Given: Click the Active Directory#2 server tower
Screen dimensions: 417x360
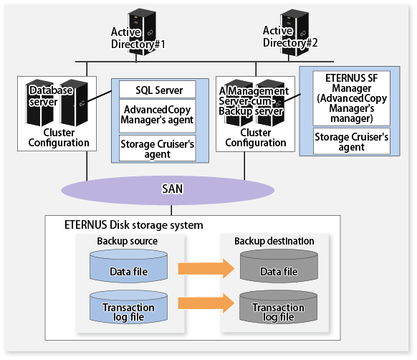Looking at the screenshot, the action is click(294, 32).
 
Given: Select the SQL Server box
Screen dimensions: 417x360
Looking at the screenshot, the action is click(158, 90).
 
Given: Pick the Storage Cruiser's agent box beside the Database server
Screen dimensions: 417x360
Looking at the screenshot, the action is click(158, 148).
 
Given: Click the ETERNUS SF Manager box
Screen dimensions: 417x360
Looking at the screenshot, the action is click(352, 98).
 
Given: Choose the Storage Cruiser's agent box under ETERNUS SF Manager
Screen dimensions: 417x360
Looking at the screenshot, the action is click(352, 141).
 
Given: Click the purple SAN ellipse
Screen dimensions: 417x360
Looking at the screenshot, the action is click(168, 190).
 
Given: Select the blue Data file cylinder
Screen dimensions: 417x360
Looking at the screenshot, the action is click(129, 266).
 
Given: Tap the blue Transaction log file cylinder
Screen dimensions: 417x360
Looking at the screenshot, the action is click(129, 307).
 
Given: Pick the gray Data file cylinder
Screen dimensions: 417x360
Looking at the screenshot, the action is click(279, 266).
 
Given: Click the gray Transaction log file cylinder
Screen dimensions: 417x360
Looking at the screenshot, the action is click(279, 307).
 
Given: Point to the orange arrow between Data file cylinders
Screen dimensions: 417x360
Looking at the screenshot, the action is click(206, 268).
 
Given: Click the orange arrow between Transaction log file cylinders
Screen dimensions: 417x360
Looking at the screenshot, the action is click(206, 303).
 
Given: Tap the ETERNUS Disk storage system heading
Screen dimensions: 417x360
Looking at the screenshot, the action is click(134, 225).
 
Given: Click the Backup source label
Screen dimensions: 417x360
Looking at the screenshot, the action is click(127, 241).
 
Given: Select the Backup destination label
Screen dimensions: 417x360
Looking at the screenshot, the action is click(274, 241).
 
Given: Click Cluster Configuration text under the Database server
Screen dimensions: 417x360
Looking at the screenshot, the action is click(59, 138).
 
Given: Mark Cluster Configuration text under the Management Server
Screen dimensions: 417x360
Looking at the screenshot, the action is click(256, 138).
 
